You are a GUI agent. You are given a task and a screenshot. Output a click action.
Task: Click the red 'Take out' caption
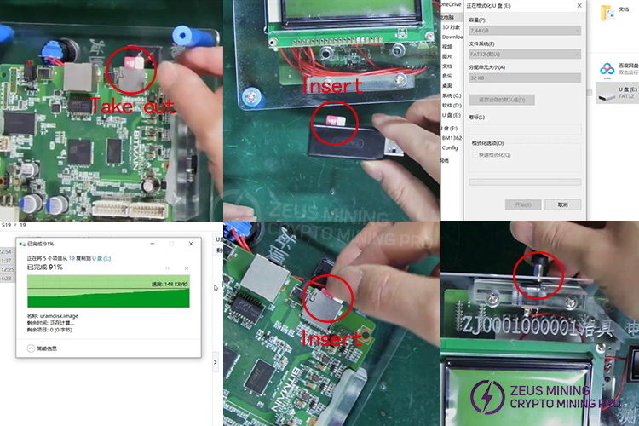coord(133,107)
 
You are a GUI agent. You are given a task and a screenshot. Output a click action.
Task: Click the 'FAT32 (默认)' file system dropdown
coord(524,54)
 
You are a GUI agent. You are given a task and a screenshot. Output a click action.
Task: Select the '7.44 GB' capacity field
coord(524,31)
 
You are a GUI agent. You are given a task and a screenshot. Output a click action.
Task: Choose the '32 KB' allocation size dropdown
coord(524,78)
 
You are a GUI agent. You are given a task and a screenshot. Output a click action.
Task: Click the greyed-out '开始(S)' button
coord(523,204)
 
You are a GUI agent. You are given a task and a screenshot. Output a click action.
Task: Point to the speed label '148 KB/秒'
coord(169,284)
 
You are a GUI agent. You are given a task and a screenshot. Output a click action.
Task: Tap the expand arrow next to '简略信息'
coord(32,348)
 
